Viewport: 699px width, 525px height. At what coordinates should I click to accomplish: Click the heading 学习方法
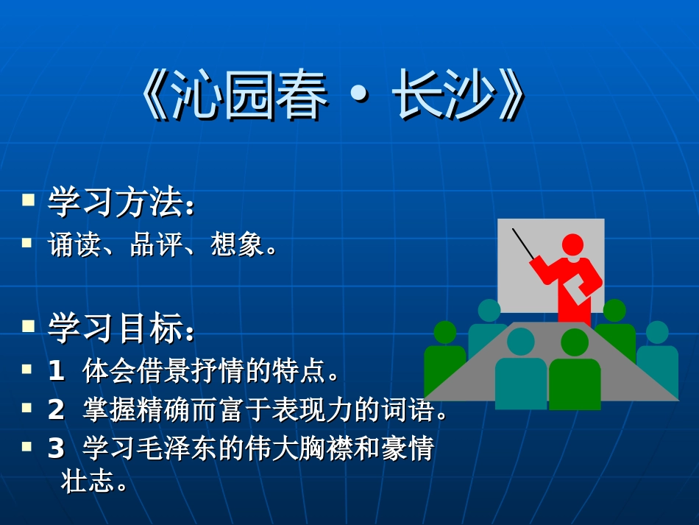(116, 202)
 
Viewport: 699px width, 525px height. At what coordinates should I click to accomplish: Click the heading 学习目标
(116, 328)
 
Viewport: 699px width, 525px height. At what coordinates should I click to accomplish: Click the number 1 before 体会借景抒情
(57, 370)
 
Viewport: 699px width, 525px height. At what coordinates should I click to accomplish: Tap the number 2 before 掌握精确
(57, 410)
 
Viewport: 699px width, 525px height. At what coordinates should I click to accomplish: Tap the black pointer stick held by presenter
(524, 244)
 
